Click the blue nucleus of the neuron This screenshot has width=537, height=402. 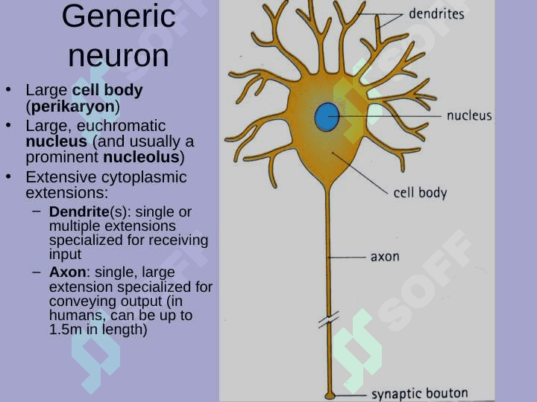coord(327,117)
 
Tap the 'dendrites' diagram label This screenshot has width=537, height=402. coord(436,14)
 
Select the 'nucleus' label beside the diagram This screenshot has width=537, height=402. coord(469,115)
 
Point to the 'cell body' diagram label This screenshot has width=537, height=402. coord(420,193)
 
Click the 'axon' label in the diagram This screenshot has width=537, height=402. coord(385,256)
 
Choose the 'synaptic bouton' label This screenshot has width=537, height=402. coord(419,394)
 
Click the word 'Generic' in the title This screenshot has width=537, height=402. coord(119,16)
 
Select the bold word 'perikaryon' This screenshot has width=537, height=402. coord(73,106)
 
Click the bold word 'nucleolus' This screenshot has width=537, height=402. coord(141,157)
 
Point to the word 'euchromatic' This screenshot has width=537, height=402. coord(122,126)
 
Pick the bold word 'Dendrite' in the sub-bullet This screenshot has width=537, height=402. coord(79,211)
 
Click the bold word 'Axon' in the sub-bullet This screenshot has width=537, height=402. coord(67,272)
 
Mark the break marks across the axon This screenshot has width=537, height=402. coord(329,319)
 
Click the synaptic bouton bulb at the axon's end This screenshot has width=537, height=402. coord(330,396)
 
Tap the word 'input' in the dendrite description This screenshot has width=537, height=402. coord(60,255)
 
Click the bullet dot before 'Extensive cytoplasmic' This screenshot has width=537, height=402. coord(8,176)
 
